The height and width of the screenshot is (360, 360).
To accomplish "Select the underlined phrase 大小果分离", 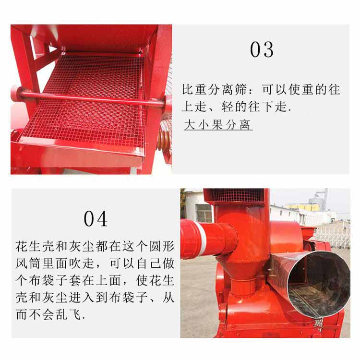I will coord(218,126).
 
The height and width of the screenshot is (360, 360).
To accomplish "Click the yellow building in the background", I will coord(302,207).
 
